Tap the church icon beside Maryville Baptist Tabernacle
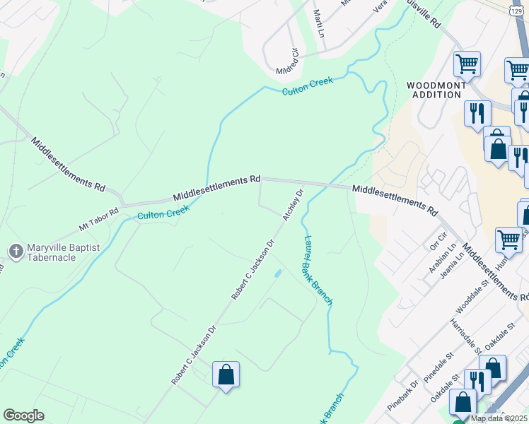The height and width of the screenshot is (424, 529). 16,250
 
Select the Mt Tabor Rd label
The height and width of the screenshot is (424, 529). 99,218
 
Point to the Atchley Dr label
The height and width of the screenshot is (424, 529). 293,204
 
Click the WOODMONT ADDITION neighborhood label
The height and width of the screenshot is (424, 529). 436,90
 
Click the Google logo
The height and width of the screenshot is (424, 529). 23,416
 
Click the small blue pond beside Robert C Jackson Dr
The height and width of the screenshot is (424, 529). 278,273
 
